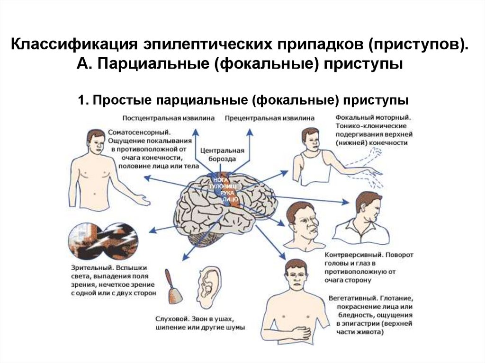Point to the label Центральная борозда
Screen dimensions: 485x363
[222, 155]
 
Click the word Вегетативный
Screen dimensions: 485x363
[351, 299]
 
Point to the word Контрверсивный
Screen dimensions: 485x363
[352, 255]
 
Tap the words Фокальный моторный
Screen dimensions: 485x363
[373, 117]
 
